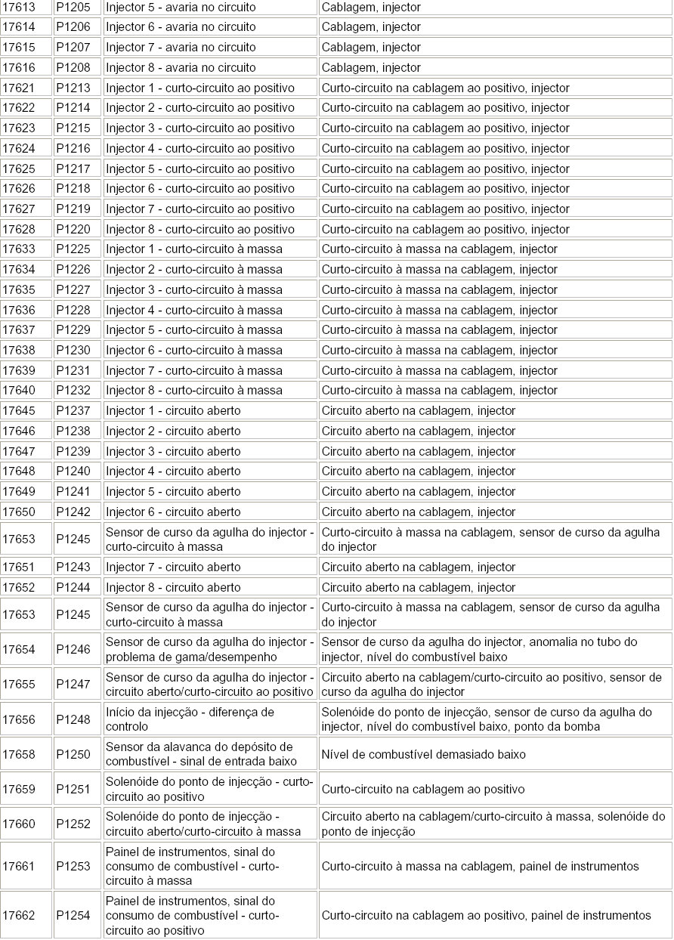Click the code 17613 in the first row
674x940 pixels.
19,7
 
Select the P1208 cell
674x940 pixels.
73,67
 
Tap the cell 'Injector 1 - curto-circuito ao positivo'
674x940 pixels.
199,88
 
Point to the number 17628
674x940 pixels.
19,229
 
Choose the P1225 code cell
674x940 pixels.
73,249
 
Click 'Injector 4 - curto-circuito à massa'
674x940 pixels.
194,310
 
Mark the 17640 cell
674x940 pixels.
19,391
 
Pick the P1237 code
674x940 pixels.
73,411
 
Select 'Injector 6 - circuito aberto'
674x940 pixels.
173,512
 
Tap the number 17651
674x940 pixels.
19,567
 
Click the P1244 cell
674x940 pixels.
73,587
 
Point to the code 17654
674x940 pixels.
19,649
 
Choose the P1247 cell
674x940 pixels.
73,684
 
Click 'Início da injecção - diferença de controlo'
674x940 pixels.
190,719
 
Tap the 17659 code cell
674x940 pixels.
19,789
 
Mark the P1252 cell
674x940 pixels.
73,824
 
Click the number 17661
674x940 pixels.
19,866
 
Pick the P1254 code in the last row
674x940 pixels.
73,915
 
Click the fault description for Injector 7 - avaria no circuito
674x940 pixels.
371,47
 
